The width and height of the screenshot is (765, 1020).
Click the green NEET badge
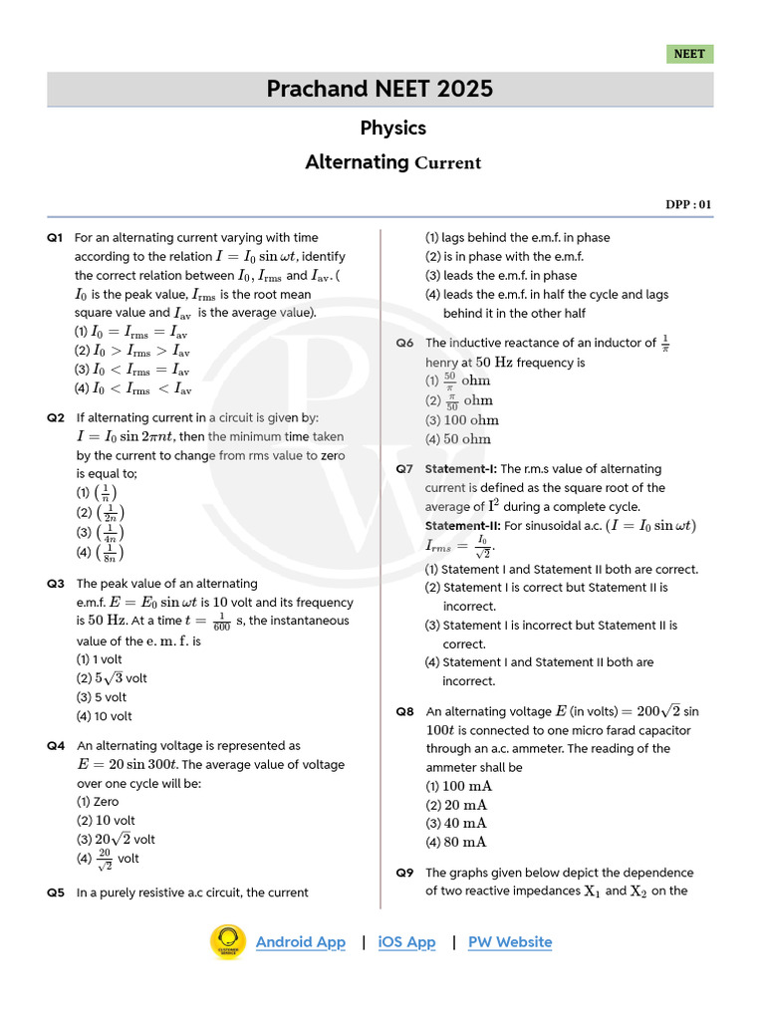coord(689,54)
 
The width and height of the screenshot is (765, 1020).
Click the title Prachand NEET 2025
coord(380,89)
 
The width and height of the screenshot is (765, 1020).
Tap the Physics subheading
coord(392,127)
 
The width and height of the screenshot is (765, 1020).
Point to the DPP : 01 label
coord(689,205)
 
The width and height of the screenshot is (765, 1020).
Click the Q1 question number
coord(55,238)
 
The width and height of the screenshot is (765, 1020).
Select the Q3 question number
coord(55,584)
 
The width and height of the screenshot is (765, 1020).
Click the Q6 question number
coord(404,344)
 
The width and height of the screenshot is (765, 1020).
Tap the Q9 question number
coord(404,873)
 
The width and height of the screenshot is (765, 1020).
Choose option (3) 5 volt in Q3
coord(102,697)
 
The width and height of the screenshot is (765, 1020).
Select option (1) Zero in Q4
coord(98,801)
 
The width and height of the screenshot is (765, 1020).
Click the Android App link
coord(300,942)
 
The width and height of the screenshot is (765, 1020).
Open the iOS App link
coord(406,942)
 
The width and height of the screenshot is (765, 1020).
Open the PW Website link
coord(510,942)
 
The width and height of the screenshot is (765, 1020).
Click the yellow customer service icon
coord(228,942)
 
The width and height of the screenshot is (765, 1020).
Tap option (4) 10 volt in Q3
coord(104,716)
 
